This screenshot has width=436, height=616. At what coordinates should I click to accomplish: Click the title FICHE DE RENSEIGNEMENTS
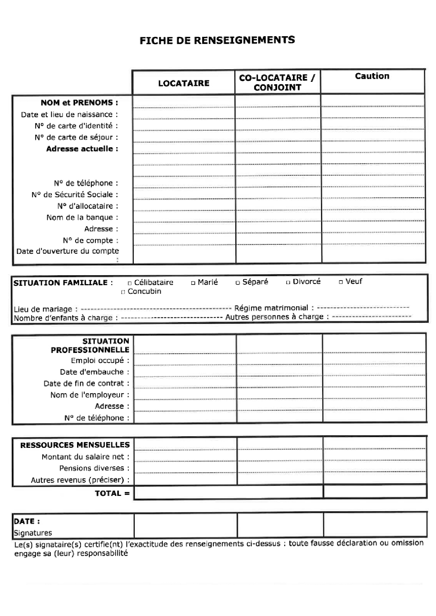point(217,40)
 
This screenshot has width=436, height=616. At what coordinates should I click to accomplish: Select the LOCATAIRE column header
point(184,83)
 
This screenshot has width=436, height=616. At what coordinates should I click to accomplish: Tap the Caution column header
point(372,76)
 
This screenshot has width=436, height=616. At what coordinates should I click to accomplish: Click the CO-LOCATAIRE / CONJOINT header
point(277,83)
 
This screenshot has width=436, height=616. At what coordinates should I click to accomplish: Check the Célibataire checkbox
point(130,283)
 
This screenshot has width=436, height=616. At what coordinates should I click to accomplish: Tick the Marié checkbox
point(193,283)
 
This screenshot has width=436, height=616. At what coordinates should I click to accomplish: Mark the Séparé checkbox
point(238,282)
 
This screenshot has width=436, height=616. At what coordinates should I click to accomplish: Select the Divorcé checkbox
point(288,282)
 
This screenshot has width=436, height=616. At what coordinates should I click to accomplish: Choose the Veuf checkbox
point(341,282)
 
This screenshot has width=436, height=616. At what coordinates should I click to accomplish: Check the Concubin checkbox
point(123,292)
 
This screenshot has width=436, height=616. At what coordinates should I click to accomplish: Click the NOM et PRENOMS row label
point(79,103)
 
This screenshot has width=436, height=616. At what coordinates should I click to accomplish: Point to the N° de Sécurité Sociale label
point(75,195)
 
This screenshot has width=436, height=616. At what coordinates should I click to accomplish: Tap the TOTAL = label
point(112,493)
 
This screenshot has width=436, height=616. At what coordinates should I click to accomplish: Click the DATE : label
point(26,521)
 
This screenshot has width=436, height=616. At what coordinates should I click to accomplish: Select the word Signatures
point(33,533)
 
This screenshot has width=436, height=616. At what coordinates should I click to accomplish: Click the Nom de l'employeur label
point(90,395)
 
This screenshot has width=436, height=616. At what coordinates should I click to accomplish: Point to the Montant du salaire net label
point(85,457)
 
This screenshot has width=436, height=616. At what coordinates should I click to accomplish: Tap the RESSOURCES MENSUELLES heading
point(75,445)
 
